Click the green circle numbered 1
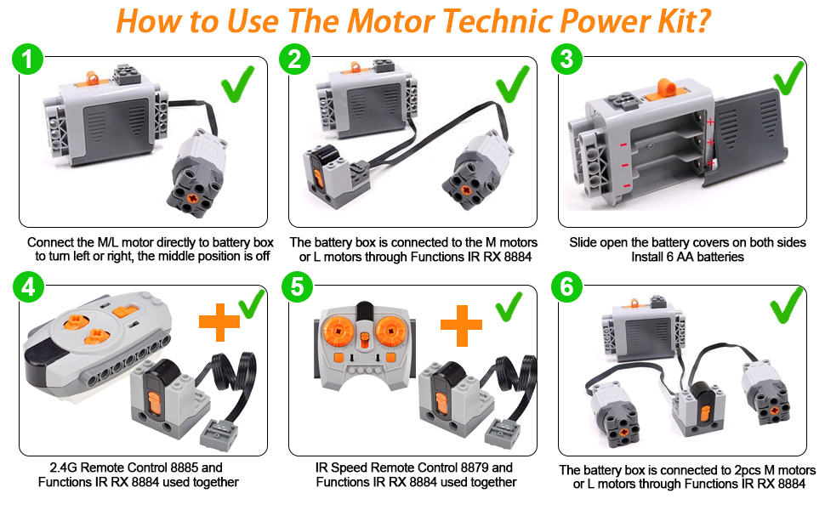(27, 59)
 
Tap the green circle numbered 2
(294, 59)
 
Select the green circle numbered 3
(566, 59)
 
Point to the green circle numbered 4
(28, 287)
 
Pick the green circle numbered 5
(298, 287)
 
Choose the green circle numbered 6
(566, 287)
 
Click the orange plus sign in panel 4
(219, 322)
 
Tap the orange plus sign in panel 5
(462, 326)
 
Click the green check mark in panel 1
(238, 84)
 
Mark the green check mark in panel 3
(788, 77)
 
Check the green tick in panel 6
(787, 305)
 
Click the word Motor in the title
(391, 21)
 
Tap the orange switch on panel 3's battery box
(665, 89)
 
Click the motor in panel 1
(197, 173)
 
